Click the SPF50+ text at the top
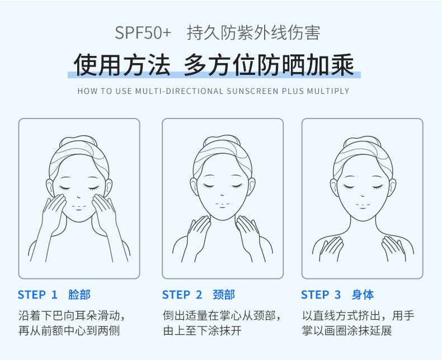[x=143, y=32]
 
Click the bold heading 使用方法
[x=121, y=65]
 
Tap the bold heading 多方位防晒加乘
[x=269, y=65]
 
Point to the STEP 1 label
[x=37, y=295]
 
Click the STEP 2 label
[x=182, y=295]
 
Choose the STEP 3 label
[x=321, y=295]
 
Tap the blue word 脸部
[x=79, y=295]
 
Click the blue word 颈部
[x=224, y=295]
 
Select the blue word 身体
[x=363, y=295]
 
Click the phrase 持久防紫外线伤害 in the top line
[x=253, y=32]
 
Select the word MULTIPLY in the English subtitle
[x=328, y=91]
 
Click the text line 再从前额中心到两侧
[x=69, y=331]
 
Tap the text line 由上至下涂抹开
[x=202, y=331]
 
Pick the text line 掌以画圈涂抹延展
[x=347, y=331]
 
